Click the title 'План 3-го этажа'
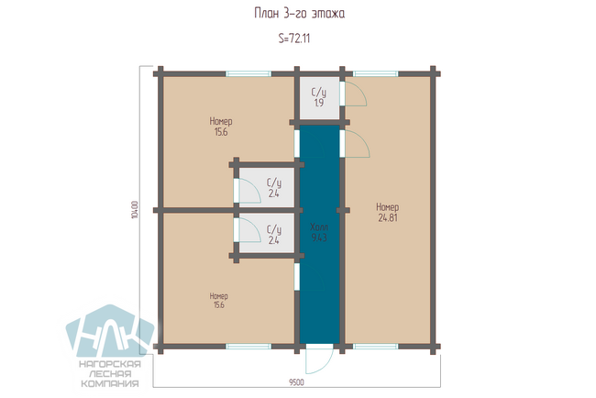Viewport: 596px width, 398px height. click(x=300, y=14)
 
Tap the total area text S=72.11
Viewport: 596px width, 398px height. click(x=294, y=39)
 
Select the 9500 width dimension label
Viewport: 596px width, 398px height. click(x=296, y=382)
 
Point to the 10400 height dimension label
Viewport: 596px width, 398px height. click(x=134, y=210)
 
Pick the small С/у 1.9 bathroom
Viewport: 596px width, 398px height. click(x=319, y=98)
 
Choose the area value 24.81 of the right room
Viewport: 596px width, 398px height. click(x=388, y=218)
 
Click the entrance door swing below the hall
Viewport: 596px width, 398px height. click(x=320, y=359)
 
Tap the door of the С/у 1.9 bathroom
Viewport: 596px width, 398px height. click(x=354, y=94)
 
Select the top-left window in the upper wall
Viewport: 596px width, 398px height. click(x=248, y=73)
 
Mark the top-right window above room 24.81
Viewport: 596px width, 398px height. click(x=376, y=73)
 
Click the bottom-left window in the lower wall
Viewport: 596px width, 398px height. click(x=248, y=347)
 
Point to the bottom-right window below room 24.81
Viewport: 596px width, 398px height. click(x=376, y=347)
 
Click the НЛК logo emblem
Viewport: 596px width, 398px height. click(x=110, y=331)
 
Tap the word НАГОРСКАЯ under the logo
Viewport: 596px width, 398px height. click(x=110, y=364)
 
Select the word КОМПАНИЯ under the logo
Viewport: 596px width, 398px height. click(x=110, y=383)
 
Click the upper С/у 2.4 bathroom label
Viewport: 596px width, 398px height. click(x=274, y=188)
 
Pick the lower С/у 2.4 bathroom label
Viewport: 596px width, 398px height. click(x=274, y=235)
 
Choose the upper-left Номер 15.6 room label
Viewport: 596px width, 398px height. click(x=221, y=127)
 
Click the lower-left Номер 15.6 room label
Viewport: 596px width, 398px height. click(x=219, y=300)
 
